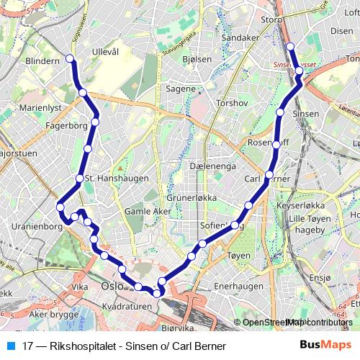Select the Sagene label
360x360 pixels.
[x=181, y=89]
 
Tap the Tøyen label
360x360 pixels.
[x=238, y=255]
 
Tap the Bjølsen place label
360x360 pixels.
[x=197, y=59]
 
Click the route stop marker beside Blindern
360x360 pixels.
[x=70, y=58]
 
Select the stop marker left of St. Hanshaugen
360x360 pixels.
[x=79, y=178]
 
